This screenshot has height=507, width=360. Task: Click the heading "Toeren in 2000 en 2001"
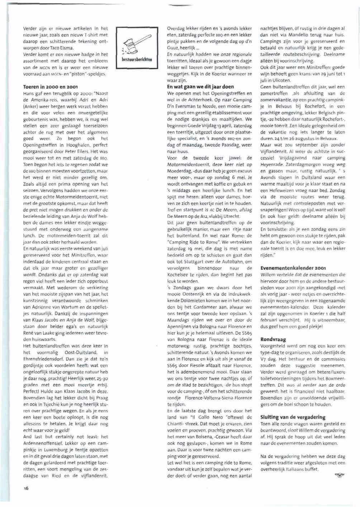coord(50,87)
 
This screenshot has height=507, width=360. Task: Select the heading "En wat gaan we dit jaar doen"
coord(200,87)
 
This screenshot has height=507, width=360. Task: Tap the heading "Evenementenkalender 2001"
coord(293,268)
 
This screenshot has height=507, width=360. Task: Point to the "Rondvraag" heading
coord(273,339)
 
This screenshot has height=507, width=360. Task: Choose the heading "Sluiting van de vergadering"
coord(293,417)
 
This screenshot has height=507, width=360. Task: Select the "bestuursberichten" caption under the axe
coord(137,59)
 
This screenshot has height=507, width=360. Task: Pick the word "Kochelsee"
coord(179,275)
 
